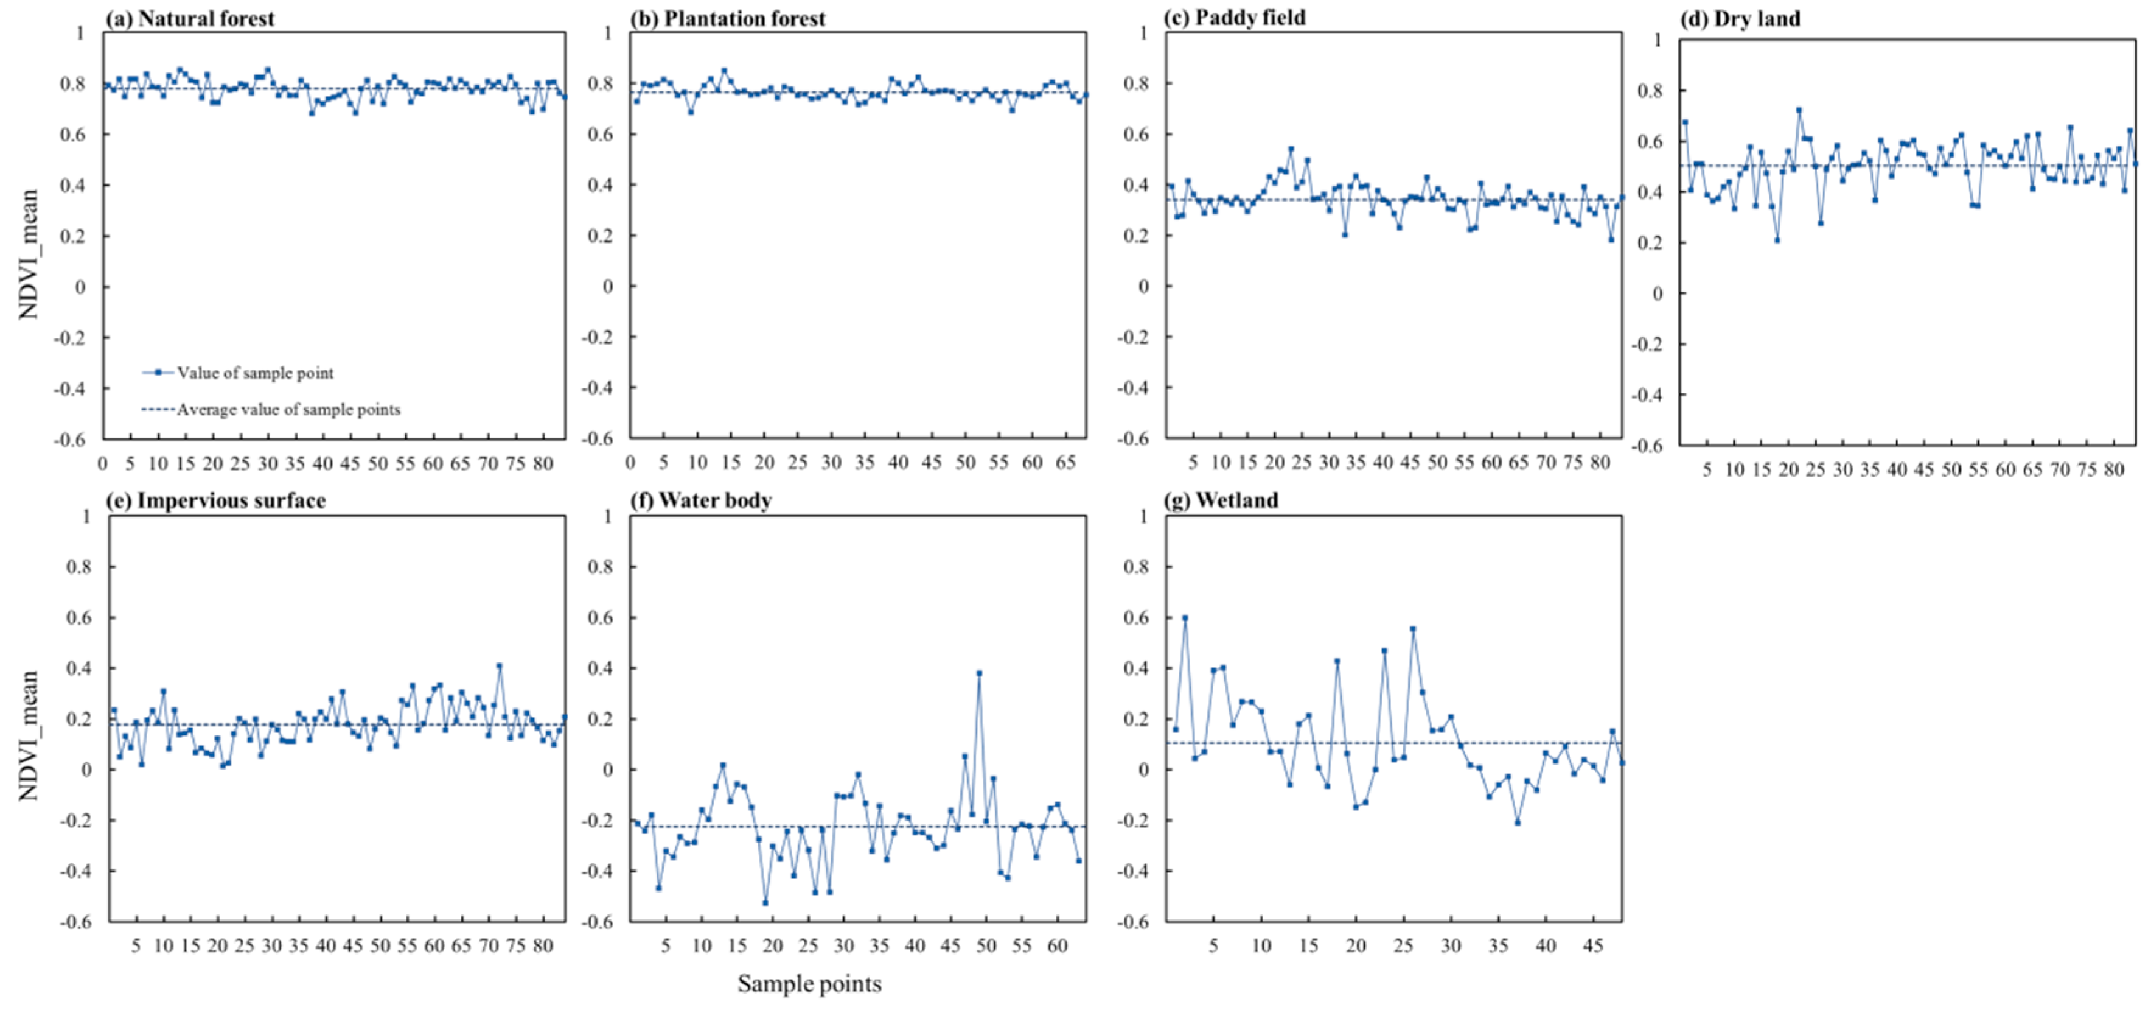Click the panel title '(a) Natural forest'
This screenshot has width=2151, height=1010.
190,18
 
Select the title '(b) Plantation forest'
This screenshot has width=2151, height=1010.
727,18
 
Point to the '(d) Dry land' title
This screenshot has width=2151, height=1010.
1740,18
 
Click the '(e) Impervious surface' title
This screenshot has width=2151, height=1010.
215,500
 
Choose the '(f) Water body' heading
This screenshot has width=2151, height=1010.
700,500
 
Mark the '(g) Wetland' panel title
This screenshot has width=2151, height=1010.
1221,500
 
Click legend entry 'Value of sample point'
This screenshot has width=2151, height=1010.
255,373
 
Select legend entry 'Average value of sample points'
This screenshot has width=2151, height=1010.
288,409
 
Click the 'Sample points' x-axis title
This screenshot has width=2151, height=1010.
809,983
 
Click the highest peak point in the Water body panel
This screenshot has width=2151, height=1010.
978,673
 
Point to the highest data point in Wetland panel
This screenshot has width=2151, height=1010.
1184,618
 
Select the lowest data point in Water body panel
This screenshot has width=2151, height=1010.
765,902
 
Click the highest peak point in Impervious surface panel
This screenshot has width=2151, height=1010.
500,666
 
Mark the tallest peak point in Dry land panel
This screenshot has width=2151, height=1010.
1799,110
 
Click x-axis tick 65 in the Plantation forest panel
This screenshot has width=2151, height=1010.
1065,463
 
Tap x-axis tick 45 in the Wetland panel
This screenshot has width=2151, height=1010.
1593,945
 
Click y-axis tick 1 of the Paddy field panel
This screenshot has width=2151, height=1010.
1144,33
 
